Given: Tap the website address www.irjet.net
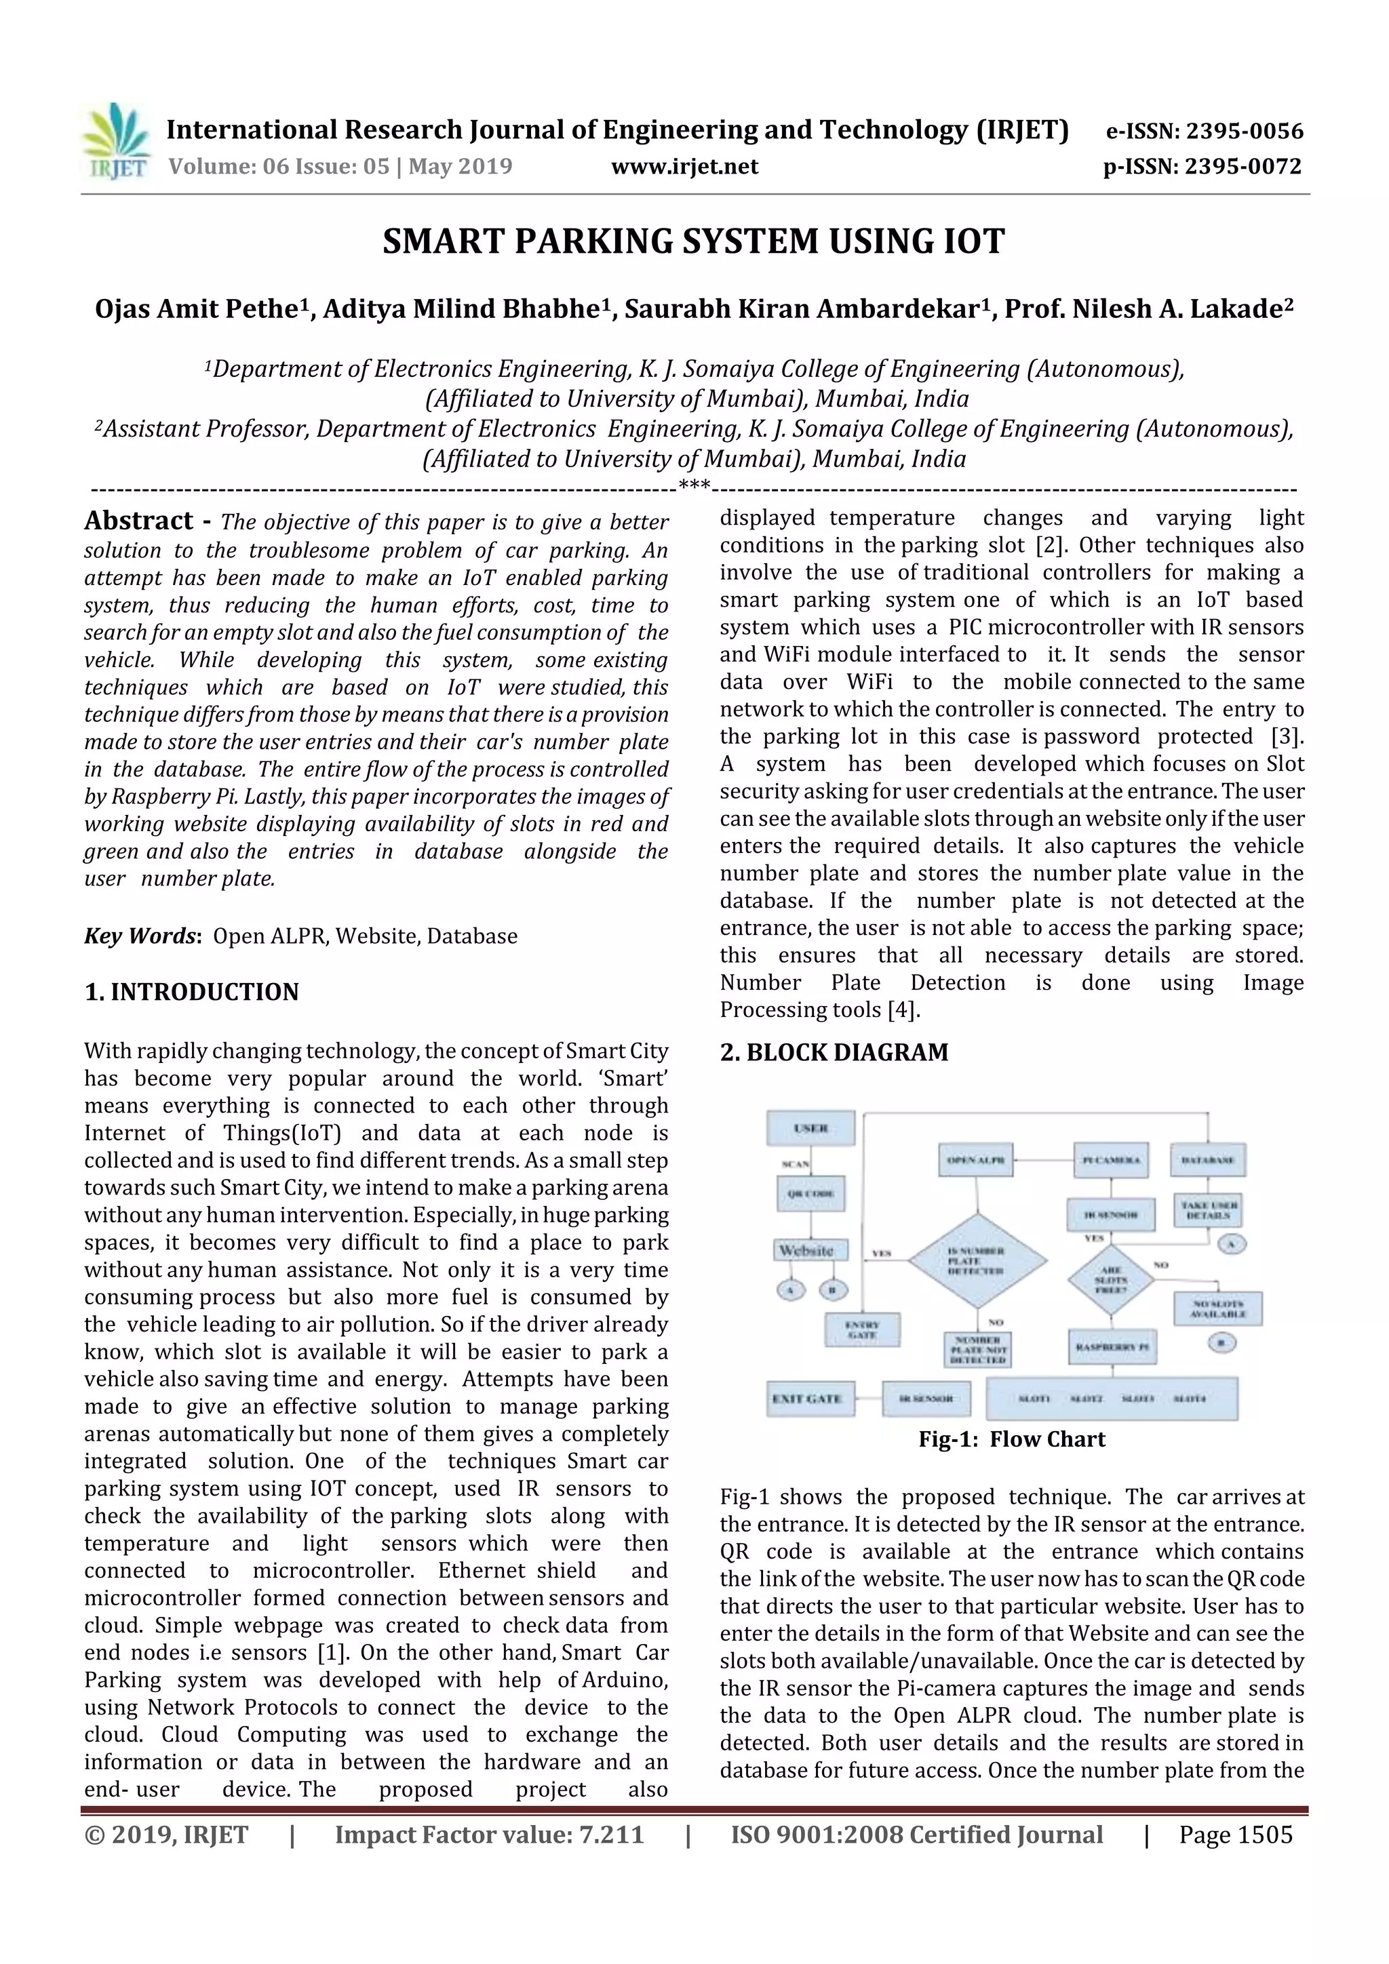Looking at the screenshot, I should click(x=684, y=167).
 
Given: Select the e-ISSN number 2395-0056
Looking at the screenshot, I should click(x=1243, y=132).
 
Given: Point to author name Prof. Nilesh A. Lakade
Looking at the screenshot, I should click(x=1148, y=308).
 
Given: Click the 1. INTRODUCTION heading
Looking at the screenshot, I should click(x=192, y=993).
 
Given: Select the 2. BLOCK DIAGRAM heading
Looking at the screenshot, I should click(x=834, y=1052).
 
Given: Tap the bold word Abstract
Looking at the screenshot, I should click(x=138, y=521).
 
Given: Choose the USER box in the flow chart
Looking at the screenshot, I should click(x=810, y=1127).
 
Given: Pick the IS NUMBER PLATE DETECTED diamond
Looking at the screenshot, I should click(x=977, y=1260).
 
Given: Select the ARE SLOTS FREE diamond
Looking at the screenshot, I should click(x=1110, y=1280).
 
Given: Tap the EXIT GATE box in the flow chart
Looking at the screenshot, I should click(x=806, y=1399).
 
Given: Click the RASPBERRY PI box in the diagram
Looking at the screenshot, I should click(x=1111, y=1346).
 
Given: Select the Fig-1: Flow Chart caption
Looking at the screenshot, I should click(x=1012, y=1440).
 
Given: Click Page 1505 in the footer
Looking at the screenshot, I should click(x=1235, y=1835).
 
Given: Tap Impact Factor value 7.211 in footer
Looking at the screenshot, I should click(x=489, y=1835).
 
